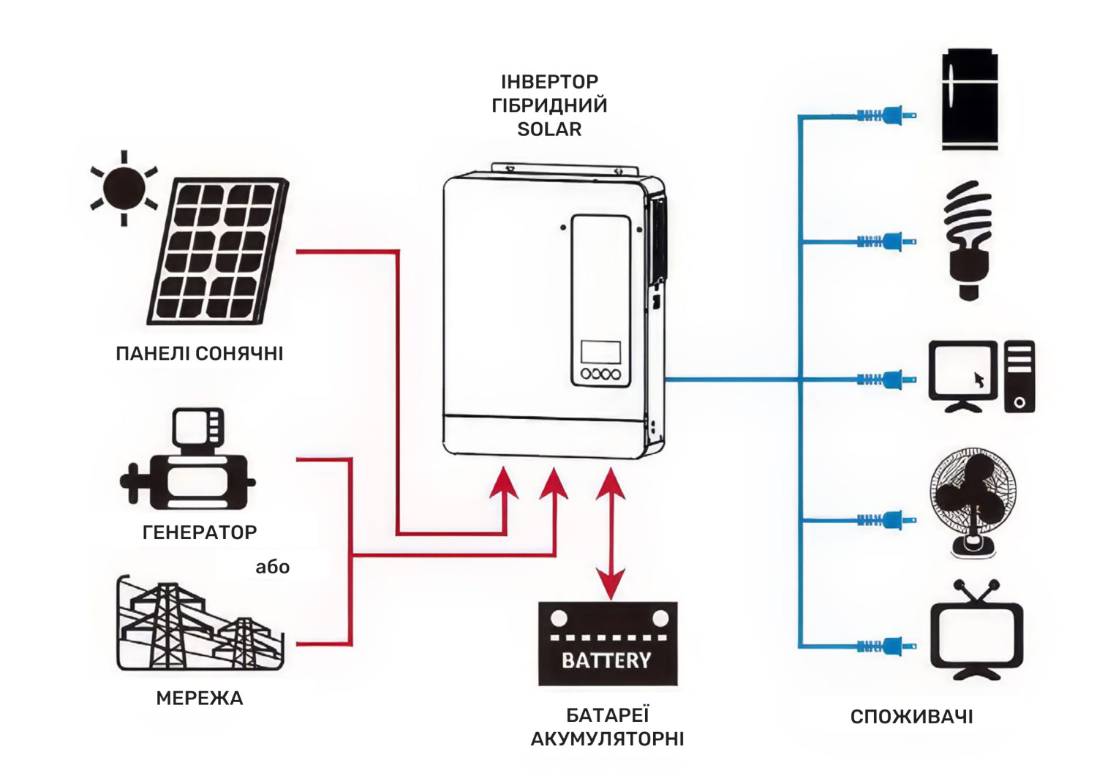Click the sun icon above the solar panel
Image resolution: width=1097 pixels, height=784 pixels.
click(124, 188)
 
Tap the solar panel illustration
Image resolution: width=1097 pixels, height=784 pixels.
click(218, 251)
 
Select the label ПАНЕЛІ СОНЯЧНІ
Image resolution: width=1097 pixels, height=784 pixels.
click(200, 354)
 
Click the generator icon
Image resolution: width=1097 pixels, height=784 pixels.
click(189, 461)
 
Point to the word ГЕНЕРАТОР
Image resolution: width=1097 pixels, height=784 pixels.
click(200, 532)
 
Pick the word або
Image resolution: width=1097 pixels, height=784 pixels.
click(272, 568)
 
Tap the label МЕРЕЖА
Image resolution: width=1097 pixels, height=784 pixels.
click(200, 698)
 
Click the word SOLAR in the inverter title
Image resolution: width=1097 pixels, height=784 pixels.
click(549, 129)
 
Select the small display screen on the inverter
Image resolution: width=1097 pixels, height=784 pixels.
click(600, 352)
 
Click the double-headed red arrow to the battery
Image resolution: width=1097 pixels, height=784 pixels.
click(611, 534)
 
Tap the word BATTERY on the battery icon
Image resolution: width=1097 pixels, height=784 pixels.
click(606, 661)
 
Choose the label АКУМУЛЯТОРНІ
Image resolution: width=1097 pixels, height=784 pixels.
click(607, 739)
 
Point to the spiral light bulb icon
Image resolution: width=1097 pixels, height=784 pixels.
click(968, 240)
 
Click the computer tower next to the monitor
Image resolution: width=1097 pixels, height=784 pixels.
click(1019, 377)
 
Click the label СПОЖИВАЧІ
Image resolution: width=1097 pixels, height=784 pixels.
click(911, 717)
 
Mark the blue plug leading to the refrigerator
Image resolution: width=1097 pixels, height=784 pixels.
click(888, 115)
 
